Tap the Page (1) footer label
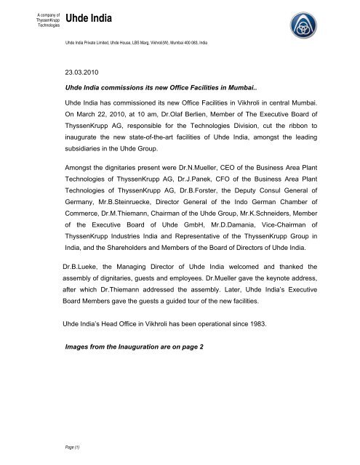(72, 450)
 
